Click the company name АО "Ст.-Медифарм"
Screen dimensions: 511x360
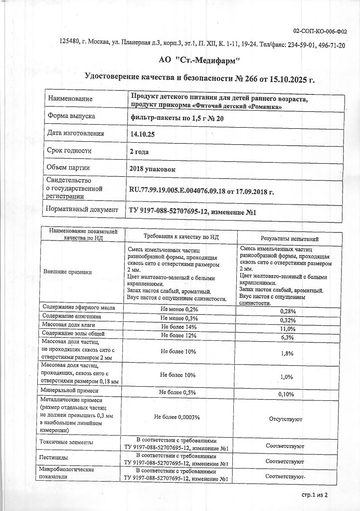[x=199, y=60]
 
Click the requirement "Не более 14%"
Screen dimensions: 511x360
[x=179, y=326]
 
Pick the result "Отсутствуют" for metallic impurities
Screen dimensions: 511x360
[x=285, y=419]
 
